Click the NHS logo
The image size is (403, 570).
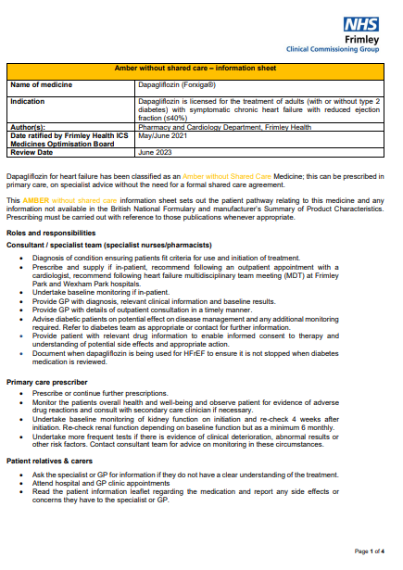click(361, 25)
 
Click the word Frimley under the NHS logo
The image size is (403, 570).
click(363, 41)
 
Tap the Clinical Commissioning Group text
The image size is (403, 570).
click(340, 51)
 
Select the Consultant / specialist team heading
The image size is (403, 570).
click(107, 244)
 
